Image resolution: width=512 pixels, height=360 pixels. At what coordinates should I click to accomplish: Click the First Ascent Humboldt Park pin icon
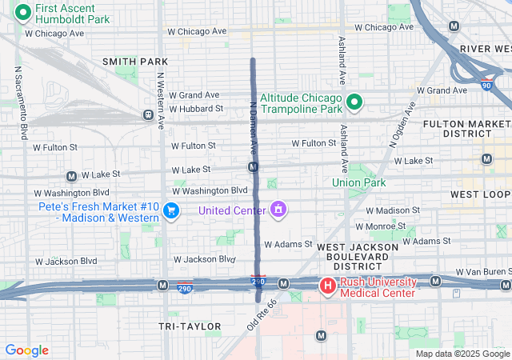23,12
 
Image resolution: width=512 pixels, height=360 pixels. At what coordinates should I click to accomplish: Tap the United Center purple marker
278,210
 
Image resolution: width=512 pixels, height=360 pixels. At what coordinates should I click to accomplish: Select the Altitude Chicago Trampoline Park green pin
354,102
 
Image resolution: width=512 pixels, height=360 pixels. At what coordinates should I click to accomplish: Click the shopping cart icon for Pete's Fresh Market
170,210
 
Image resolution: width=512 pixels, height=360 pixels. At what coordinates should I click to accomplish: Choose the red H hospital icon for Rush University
327,286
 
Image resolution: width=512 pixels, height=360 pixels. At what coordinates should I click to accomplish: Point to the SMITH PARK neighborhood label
135,62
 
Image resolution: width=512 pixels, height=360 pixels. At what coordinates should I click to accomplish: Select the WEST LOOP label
481,194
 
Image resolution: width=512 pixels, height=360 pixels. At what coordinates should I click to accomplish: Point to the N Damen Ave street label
252,128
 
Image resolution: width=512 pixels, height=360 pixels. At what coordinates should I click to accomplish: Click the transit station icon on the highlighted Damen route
253,166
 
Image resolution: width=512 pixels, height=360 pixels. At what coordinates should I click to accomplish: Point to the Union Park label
359,182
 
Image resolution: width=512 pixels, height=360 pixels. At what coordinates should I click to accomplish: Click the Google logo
26,350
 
